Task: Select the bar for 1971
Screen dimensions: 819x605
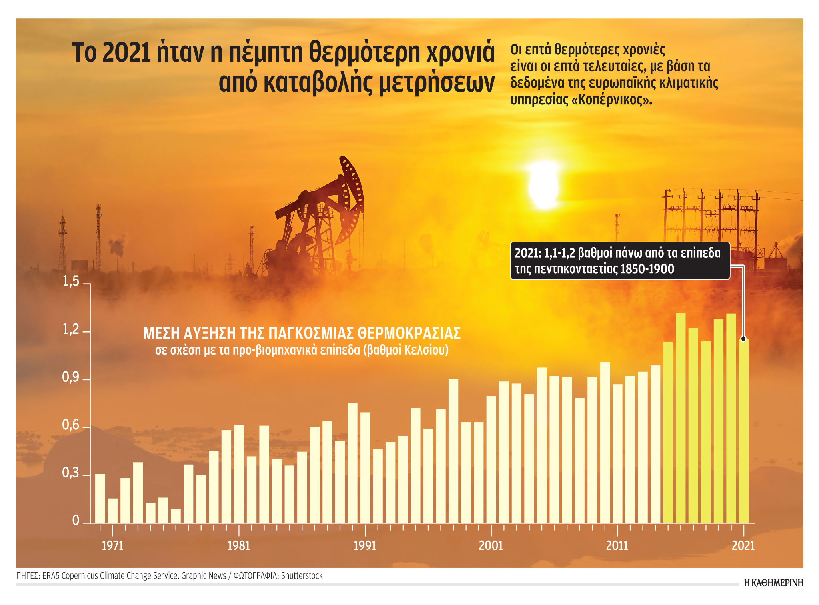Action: click(x=113, y=510)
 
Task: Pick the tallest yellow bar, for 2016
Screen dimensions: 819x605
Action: click(x=681, y=418)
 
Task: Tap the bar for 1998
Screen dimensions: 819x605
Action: click(x=453, y=451)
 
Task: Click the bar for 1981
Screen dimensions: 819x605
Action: click(x=239, y=473)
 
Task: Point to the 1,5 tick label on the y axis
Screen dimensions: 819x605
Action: click(x=71, y=282)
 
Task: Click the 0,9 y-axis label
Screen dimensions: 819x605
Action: click(x=71, y=377)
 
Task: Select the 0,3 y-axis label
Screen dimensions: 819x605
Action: click(x=71, y=473)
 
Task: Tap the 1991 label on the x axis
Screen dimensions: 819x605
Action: click(x=365, y=545)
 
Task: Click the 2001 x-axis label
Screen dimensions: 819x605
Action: click(x=491, y=545)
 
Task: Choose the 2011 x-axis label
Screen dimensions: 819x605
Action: click(x=617, y=545)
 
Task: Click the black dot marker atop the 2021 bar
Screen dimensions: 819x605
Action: click(x=743, y=339)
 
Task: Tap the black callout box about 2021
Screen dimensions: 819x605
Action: click(x=620, y=260)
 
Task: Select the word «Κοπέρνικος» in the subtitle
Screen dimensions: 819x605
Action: click(x=612, y=100)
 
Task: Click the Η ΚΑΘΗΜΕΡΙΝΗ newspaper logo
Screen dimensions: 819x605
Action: click(x=773, y=583)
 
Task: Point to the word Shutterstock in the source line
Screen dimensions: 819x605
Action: click(x=302, y=576)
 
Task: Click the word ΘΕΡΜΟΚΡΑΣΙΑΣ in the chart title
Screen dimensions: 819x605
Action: click(x=409, y=333)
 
